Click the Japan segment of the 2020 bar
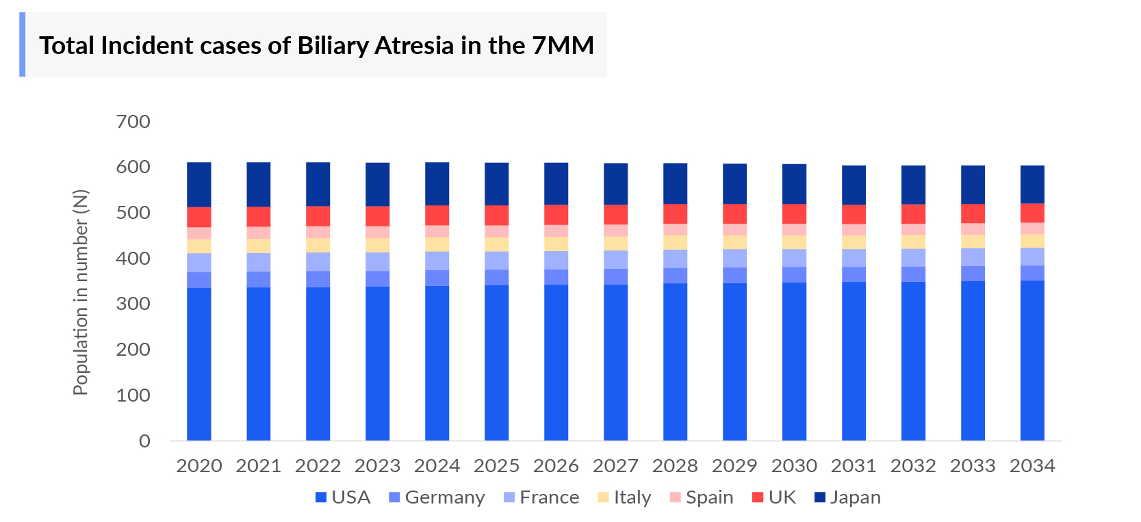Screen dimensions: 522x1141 (x=198, y=184)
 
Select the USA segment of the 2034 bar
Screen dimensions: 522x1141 (x=1032, y=360)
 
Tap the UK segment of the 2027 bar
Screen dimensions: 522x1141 (x=615, y=214)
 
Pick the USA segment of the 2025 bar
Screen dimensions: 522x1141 (x=496, y=363)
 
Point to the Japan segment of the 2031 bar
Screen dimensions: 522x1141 (x=854, y=185)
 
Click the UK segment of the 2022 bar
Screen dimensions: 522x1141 (x=318, y=216)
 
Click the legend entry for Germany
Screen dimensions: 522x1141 (x=436, y=497)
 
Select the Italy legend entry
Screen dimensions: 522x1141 (x=624, y=497)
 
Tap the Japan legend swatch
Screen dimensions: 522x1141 (x=820, y=497)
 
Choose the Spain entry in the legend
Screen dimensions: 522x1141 (x=701, y=497)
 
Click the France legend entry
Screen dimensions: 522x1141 (x=541, y=497)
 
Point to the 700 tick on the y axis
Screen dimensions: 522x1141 (x=133, y=122)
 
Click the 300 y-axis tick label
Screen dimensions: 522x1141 (x=133, y=304)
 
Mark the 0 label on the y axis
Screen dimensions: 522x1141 (x=144, y=441)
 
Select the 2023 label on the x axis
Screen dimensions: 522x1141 (x=377, y=466)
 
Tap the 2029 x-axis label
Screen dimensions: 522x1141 (x=734, y=466)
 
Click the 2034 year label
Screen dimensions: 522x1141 (x=1032, y=466)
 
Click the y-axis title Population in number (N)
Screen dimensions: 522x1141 (x=81, y=292)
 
